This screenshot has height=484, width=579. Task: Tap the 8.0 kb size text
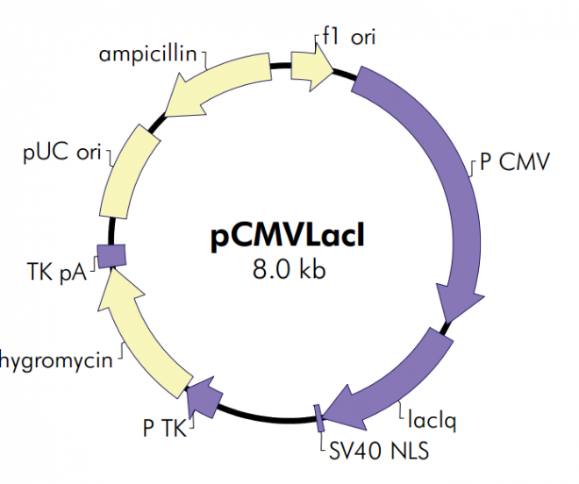289,269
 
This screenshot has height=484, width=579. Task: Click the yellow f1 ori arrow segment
311,64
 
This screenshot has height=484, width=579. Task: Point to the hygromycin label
58,360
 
